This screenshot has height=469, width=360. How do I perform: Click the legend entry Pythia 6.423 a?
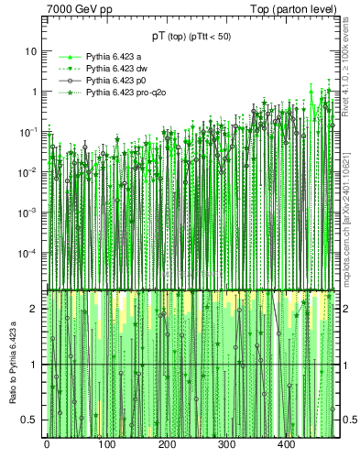click(x=114, y=57)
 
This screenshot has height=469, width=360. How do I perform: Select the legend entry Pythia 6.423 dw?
click(x=116, y=69)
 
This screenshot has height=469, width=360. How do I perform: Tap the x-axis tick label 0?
click(x=46, y=445)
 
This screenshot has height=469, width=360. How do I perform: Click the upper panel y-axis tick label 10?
click(x=31, y=51)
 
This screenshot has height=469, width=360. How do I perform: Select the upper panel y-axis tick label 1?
click(x=35, y=92)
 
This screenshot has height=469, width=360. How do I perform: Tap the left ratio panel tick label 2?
click(x=35, y=309)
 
